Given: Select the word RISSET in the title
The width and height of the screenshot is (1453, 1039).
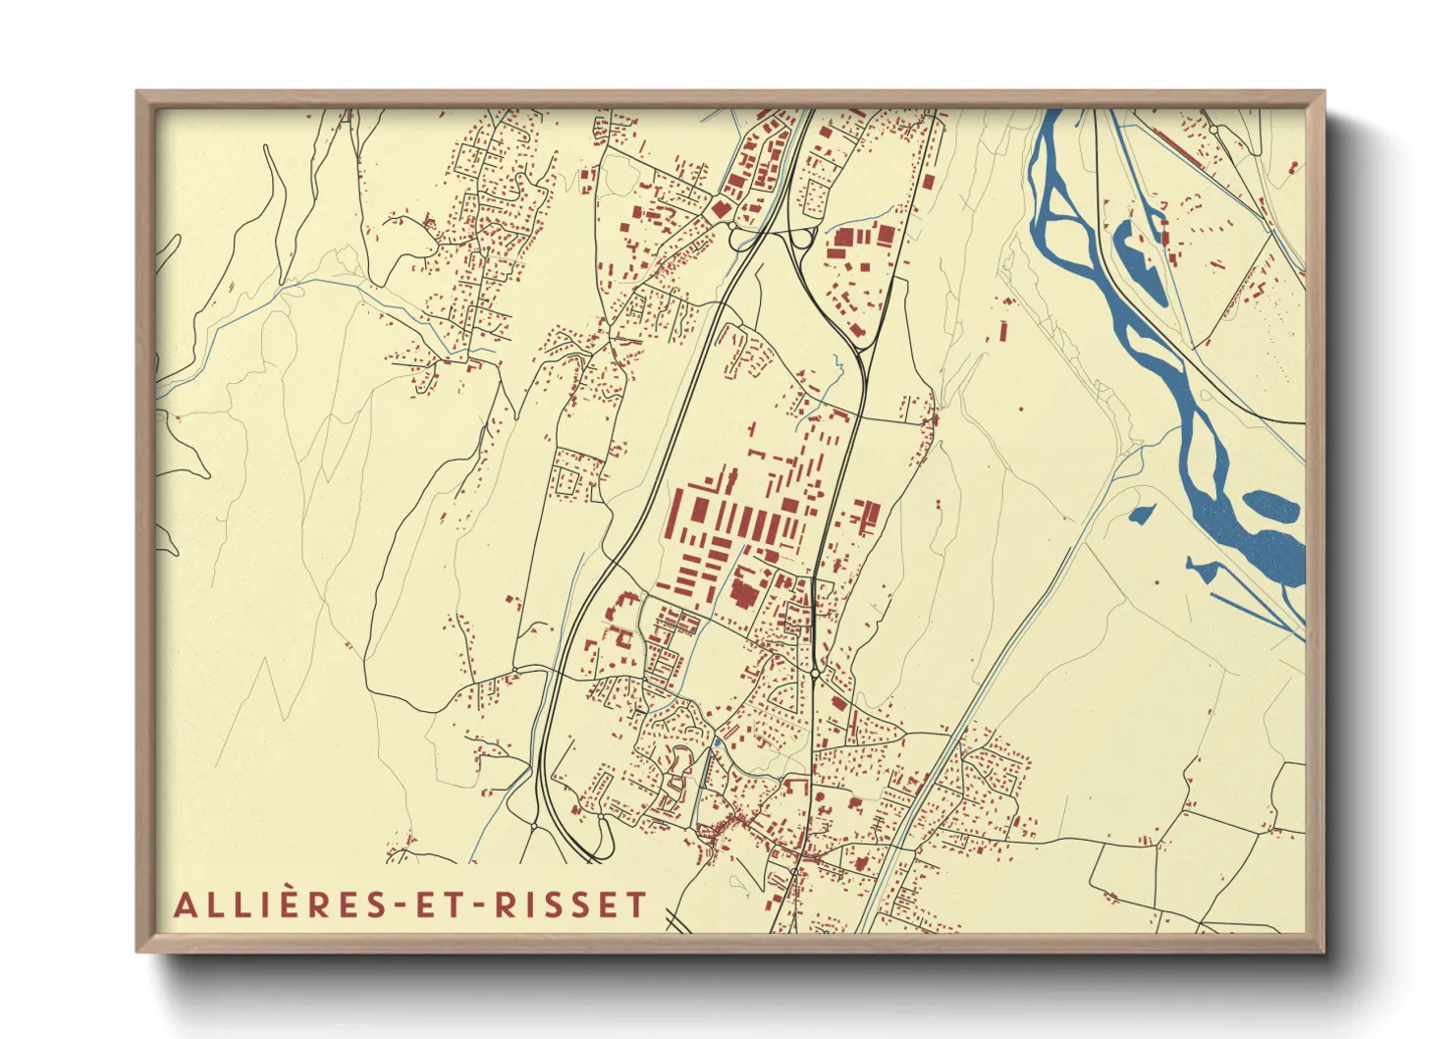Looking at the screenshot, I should (570, 904).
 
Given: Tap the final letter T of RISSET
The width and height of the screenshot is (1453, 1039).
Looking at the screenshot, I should (638, 904).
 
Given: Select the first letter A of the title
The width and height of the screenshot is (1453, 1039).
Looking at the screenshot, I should (184, 904).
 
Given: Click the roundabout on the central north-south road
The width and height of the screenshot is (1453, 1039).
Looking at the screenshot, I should (816, 674).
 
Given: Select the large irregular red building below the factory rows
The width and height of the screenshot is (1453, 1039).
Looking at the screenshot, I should (743, 589).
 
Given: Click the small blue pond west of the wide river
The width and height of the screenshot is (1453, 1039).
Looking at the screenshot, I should (1141, 513).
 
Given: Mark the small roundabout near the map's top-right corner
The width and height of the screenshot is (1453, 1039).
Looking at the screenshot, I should (1213, 129).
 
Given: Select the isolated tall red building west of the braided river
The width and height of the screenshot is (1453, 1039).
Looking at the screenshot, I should (1003, 330).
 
